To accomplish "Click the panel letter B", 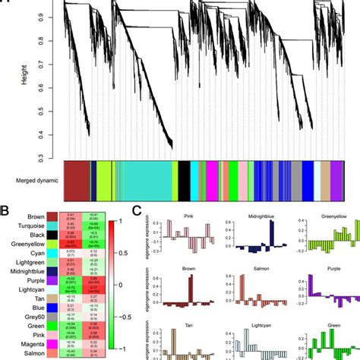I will [x=5, y=203].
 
